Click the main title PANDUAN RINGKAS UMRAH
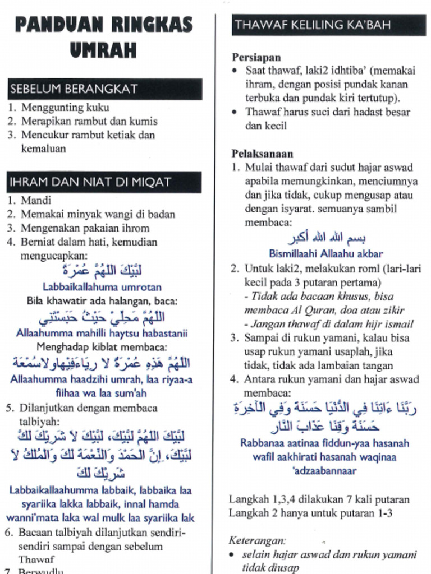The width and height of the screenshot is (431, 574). click(x=103, y=37)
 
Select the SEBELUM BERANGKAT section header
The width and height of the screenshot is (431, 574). click(x=73, y=89)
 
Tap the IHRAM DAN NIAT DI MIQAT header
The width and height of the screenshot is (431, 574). click(x=90, y=182)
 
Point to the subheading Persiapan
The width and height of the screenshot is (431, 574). click(x=256, y=57)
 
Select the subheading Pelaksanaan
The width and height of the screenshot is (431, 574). click(x=262, y=154)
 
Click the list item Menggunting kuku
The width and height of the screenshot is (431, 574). click(x=65, y=108)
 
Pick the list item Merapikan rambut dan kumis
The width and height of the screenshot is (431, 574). click(x=89, y=121)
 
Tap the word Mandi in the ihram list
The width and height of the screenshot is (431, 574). click(x=36, y=200)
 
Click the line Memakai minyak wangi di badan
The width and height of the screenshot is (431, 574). click(x=98, y=214)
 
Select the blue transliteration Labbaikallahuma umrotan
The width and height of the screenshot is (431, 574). click(x=102, y=286)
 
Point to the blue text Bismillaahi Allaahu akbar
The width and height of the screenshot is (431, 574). click(x=326, y=253)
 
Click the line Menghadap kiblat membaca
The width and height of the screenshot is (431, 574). click(x=102, y=347)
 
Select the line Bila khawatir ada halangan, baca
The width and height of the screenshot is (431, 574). click(x=102, y=300)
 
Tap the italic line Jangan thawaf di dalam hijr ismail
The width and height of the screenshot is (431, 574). click(x=329, y=324)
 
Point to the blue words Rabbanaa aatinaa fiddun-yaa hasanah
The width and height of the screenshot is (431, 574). click(x=325, y=443)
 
